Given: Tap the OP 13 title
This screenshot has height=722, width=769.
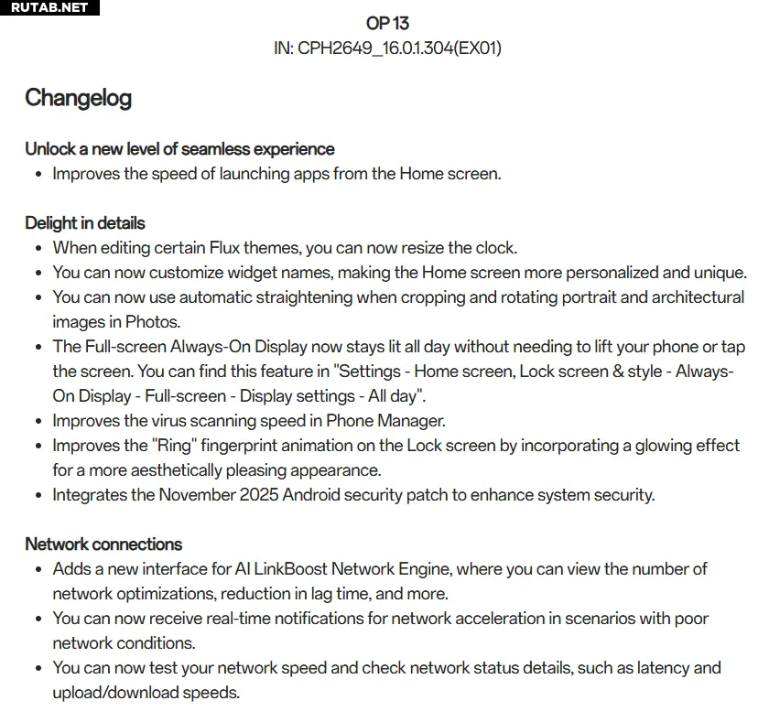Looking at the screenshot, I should pos(387,23).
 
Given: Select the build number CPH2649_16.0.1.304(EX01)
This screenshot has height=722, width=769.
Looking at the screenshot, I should pos(399,48).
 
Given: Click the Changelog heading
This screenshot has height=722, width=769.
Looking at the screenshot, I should pos(78,98).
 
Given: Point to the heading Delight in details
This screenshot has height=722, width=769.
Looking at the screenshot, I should pos(85,222).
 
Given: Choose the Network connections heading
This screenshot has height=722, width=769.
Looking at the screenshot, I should pos(103,544).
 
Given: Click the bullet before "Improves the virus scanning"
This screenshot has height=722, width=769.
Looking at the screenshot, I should pos(38,422).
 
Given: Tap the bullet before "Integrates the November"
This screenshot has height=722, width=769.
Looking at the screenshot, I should pos(38,496).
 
